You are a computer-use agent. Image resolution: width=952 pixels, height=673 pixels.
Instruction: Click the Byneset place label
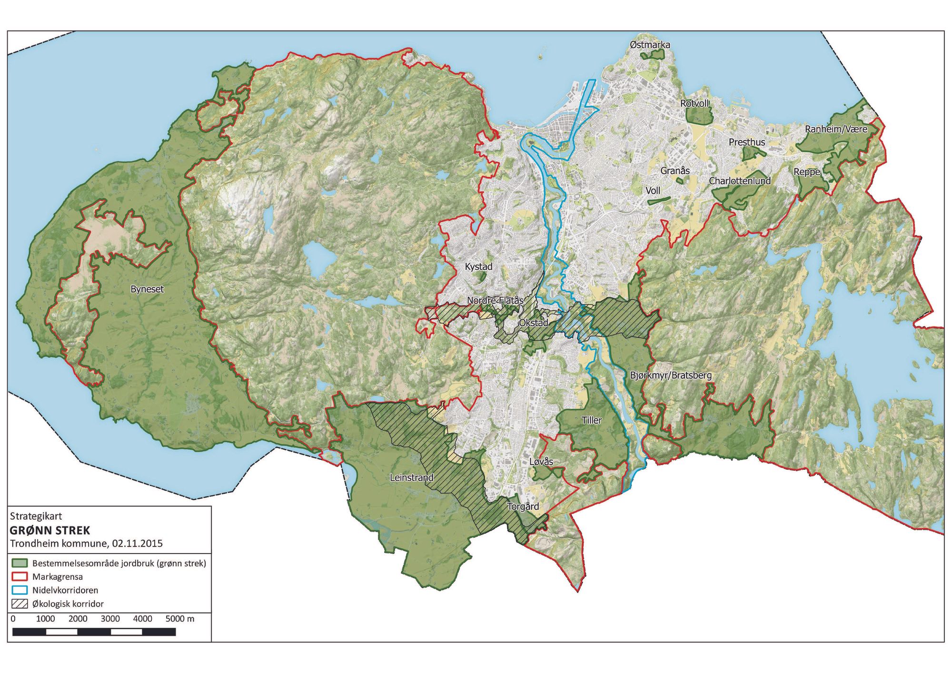147,289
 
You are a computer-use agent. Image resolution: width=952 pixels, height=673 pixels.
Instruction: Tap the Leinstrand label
412,477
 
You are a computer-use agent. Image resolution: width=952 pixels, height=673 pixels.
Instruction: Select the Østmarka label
650,45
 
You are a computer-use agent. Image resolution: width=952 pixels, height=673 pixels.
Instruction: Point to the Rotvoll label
694,103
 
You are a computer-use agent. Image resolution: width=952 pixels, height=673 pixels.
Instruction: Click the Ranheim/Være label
836,129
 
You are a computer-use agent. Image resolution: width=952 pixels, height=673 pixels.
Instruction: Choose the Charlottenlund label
739,181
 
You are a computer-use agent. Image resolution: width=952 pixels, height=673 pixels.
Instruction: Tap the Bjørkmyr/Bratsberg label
671,375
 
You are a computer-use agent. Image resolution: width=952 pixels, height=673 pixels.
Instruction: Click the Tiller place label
592,420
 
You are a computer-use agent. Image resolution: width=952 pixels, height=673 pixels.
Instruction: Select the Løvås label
541,462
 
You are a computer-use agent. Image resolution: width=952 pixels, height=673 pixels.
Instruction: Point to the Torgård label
523,506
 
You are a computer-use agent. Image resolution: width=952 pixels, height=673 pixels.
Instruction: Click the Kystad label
478,267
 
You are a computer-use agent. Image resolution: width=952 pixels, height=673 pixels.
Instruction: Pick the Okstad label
533,323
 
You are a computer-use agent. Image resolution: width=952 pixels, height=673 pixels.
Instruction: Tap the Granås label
674,170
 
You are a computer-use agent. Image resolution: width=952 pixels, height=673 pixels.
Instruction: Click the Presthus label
747,142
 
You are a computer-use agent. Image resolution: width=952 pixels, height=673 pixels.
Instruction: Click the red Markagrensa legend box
20,577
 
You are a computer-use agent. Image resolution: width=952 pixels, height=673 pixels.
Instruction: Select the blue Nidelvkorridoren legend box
20,590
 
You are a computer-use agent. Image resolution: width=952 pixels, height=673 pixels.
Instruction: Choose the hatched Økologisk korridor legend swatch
20,604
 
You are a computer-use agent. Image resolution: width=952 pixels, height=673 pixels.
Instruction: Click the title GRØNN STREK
50,530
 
